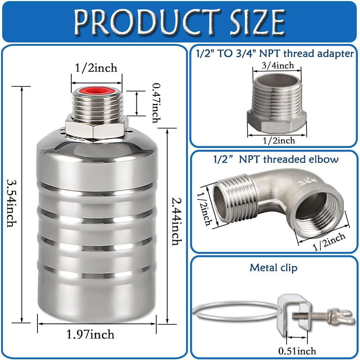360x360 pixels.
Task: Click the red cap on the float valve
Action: (96, 91)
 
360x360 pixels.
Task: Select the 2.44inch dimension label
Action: (177, 221)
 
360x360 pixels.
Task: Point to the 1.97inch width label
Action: (90, 334)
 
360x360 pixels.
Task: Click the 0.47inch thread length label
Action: (157, 103)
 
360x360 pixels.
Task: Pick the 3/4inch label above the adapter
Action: (278, 66)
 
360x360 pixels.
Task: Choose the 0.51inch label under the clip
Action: (297, 351)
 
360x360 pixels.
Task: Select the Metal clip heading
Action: (274, 268)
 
